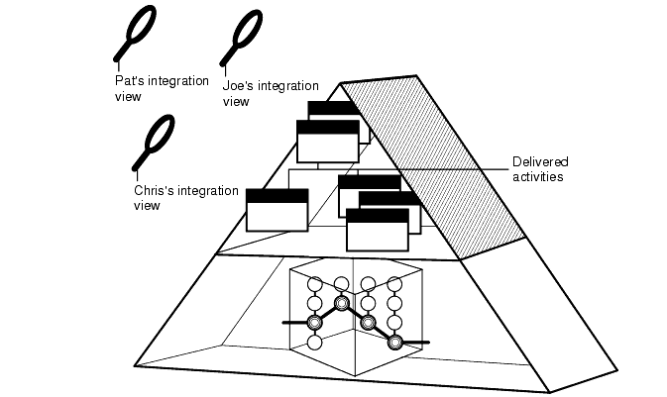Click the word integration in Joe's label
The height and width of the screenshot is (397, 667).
click(x=281, y=86)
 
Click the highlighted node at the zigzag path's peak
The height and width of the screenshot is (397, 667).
click(x=342, y=303)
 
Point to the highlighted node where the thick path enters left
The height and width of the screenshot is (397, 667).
click(x=315, y=323)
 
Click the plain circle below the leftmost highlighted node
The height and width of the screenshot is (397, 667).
click(x=315, y=343)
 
